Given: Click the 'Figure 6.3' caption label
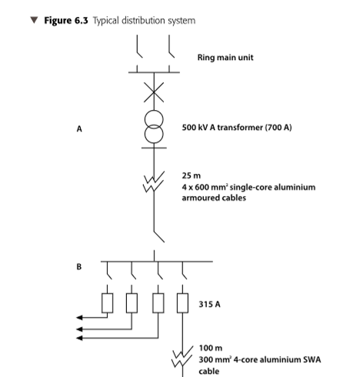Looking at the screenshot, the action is click(x=66, y=21).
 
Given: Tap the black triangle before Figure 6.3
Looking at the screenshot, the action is click(x=34, y=20).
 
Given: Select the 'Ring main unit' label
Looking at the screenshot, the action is click(x=225, y=57).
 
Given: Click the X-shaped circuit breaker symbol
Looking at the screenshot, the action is click(x=154, y=92).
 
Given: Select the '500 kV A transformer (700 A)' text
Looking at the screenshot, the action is click(x=237, y=128).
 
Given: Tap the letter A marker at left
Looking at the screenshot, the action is click(x=79, y=128).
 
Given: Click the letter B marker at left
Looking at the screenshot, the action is click(x=79, y=267).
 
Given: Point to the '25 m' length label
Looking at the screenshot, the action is click(x=192, y=175).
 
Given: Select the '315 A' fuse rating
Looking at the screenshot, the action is click(x=209, y=304).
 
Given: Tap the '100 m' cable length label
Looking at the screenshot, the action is click(x=211, y=348).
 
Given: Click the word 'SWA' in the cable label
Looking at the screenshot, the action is click(x=312, y=359).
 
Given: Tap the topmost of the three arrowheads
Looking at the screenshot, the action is click(x=79, y=318).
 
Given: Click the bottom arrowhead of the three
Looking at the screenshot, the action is click(x=79, y=338).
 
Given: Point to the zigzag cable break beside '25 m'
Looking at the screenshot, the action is click(x=154, y=182).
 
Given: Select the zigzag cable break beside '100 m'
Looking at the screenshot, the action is click(x=182, y=356).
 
